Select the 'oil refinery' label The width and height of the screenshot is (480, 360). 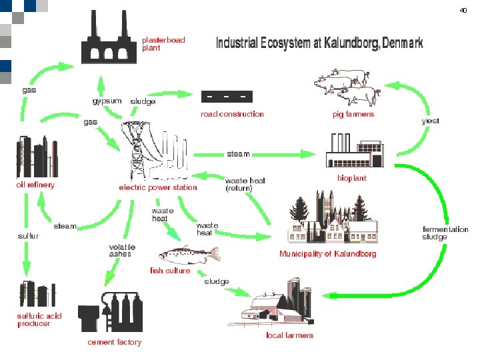(35, 185)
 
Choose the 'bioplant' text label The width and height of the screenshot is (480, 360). (351, 179)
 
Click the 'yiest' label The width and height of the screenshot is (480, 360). (430, 121)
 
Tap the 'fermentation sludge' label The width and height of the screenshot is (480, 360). (445, 233)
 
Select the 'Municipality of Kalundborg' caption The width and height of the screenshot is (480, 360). (327, 254)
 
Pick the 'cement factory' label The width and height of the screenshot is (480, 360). (115, 342)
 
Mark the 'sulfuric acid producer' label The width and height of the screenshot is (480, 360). (39, 319)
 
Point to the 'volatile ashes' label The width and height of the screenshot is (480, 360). (122, 250)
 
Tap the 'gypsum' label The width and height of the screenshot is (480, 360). (107, 101)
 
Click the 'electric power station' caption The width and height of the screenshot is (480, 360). (158, 187)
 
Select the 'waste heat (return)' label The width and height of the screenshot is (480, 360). (245, 184)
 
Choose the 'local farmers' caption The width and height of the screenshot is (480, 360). (289, 335)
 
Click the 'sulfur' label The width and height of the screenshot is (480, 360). (28, 235)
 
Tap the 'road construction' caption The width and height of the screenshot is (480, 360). (233, 114)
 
